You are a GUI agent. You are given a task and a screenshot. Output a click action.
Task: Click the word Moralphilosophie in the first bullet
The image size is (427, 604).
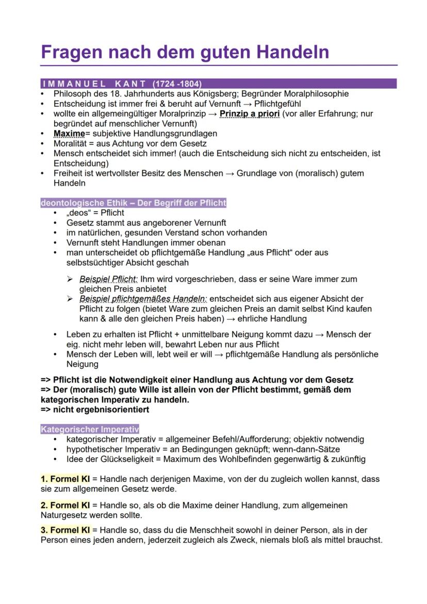pyautogui.click(x=317, y=94)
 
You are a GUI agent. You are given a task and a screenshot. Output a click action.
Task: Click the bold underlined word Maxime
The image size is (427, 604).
pyautogui.click(x=69, y=134)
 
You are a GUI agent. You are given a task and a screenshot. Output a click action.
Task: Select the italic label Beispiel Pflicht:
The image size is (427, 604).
pyautogui.click(x=108, y=279)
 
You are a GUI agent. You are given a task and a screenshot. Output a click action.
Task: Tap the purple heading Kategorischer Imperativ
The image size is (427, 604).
pyautogui.click(x=90, y=429)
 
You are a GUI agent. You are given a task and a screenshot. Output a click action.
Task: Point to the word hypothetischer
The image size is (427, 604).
pyautogui.click(x=93, y=449)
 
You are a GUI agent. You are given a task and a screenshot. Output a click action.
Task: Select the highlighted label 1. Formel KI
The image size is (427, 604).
pyautogui.click(x=65, y=479)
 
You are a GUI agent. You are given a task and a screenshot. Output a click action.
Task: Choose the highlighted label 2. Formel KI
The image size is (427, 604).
pyautogui.click(x=65, y=505)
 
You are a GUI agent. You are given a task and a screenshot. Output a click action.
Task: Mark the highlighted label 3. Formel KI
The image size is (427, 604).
pyautogui.click(x=65, y=530)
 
